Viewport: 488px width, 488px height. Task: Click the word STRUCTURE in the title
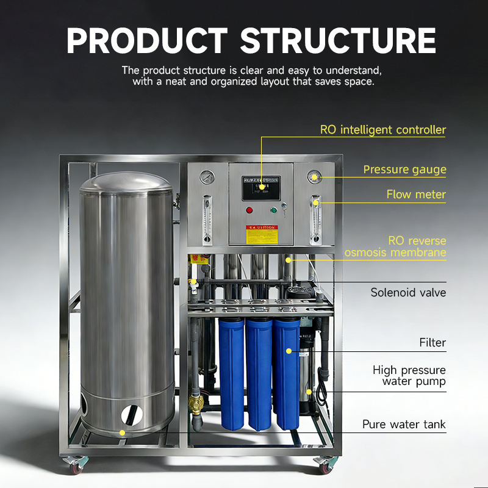[338, 41]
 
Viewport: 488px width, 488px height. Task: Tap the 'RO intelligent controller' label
[383, 130]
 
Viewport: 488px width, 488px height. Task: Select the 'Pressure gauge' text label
[404, 170]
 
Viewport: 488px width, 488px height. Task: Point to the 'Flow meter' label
[416, 195]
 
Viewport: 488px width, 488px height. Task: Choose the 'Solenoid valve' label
[408, 293]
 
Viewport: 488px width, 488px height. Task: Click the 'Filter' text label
[432, 343]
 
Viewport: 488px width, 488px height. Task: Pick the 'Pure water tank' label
[404, 425]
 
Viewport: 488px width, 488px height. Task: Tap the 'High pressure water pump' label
[409, 376]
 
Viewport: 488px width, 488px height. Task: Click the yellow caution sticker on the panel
[260, 233]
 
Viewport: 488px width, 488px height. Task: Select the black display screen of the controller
[261, 187]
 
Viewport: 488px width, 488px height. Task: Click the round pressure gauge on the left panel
[207, 178]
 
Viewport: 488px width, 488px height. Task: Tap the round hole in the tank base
[132, 415]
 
